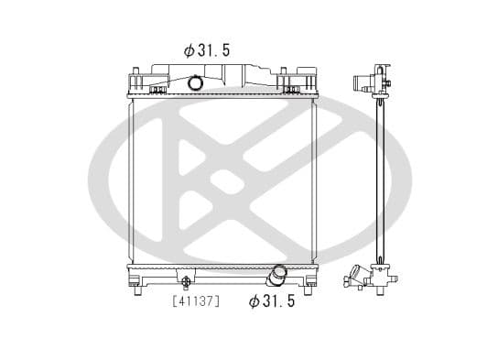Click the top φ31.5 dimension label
pos(206,51)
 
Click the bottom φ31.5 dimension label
pos(272,301)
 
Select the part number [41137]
pos(195,300)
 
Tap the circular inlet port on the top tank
pos(195,83)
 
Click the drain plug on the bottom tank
pos(186,281)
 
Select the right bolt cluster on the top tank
pos(292,90)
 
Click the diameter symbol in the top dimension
pos(188,51)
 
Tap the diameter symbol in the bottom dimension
pos(254,301)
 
